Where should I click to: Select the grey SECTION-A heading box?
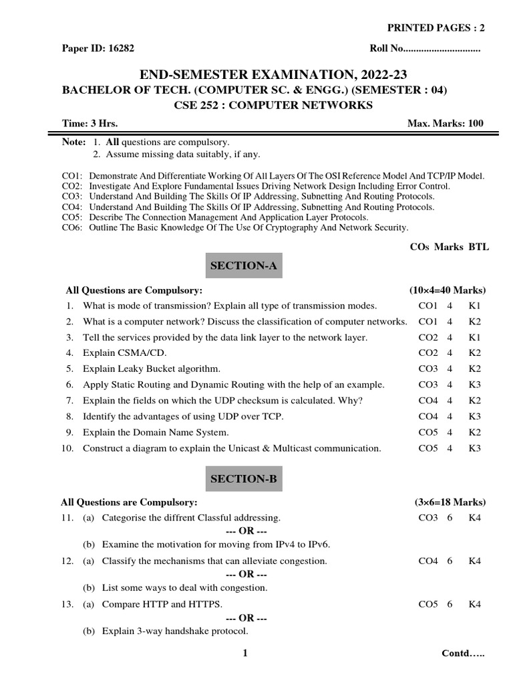coord(243,266)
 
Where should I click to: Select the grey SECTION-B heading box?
coord(243,478)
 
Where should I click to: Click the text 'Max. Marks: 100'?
coord(445,123)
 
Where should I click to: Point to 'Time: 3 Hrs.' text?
coord(90,123)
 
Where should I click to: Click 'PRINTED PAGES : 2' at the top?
coord(436,27)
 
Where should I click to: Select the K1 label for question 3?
coord(474,337)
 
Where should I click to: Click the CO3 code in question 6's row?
coord(428,385)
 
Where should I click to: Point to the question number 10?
coord(67,448)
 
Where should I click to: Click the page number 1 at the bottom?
coord(245,654)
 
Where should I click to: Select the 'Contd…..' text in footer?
coord(464,654)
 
